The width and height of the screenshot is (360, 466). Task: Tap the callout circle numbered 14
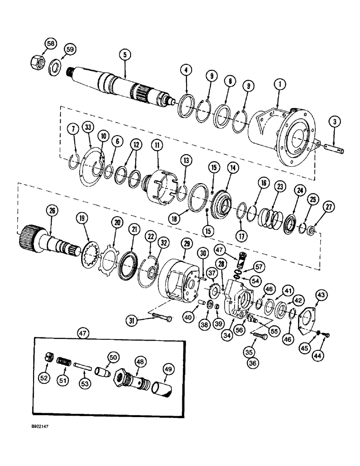point(232,167)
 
